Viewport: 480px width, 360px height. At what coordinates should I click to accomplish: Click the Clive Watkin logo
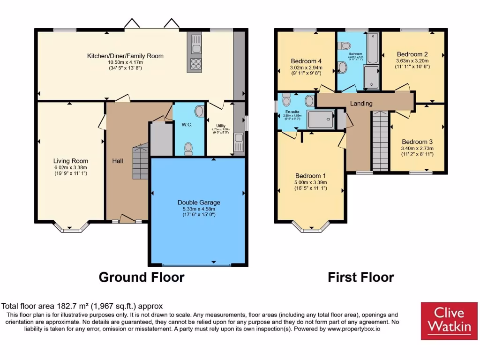click(x=449, y=321)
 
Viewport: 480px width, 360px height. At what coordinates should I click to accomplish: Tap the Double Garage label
click(x=199, y=202)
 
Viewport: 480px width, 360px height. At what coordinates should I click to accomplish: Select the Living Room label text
click(x=70, y=161)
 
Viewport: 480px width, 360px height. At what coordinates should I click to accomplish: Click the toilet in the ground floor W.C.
click(x=189, y=148)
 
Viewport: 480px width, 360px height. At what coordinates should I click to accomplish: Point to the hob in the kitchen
click(x=195, y=63)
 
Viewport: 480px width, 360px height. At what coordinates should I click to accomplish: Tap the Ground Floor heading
click(x=141, y=277)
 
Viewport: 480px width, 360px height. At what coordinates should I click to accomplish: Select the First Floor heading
click(x=360, y=277)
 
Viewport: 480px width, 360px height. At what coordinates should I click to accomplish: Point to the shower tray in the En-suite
click(x=321, y=120)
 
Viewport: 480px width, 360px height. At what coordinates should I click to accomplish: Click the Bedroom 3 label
click(x=417, y=142)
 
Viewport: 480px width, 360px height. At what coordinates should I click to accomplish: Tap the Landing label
click(x=361, y=104)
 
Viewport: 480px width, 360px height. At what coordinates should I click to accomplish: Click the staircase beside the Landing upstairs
click(x=380, y=141)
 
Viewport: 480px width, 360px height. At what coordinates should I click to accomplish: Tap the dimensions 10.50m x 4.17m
click(x=125, y=62)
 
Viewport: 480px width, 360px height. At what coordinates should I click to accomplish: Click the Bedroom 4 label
click(x=306, y=61)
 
